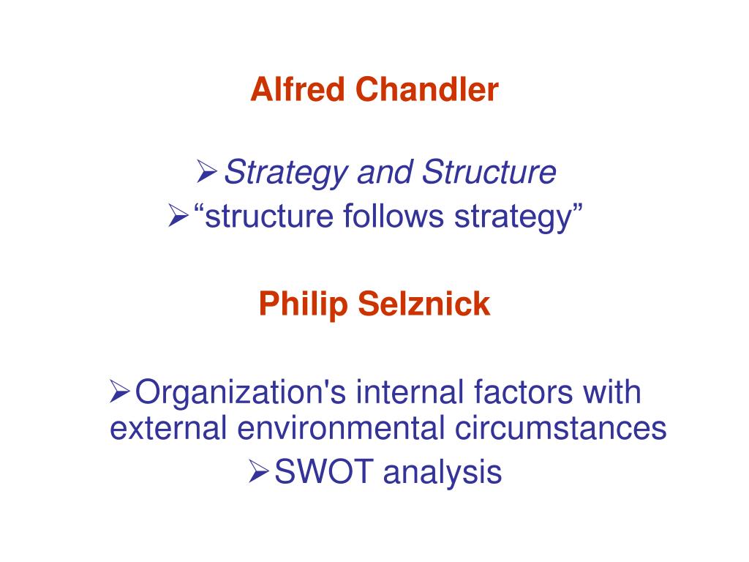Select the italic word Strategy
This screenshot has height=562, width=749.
click(286, 173)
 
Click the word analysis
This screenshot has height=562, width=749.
click(442, 473)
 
